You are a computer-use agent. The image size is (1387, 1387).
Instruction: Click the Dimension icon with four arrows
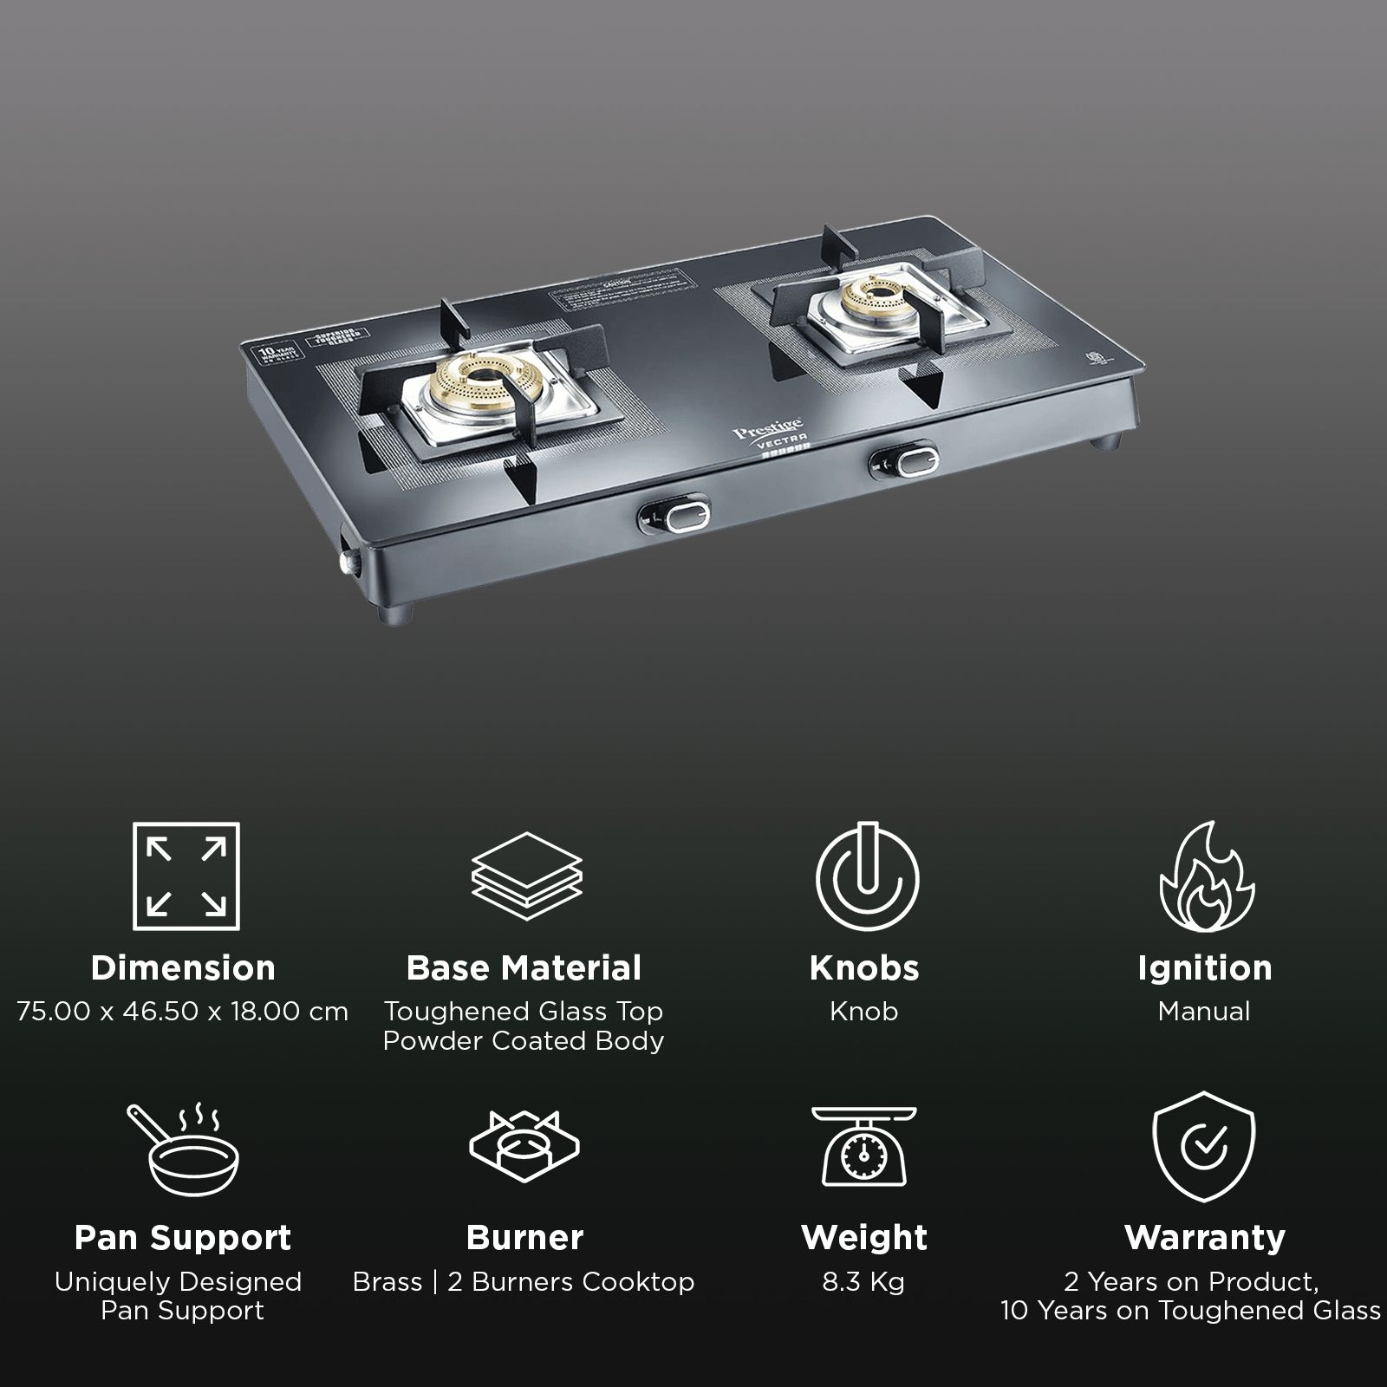pyautogui.click(x=186, y=876)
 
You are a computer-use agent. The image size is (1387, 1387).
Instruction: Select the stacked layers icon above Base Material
pyautogui.click(x=526, y=876)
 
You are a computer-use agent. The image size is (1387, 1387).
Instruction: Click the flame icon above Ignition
pyautogui.click(x=1207, y=876)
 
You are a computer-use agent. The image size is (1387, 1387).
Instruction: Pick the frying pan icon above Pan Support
pyautogui.click(x=183, y=1149)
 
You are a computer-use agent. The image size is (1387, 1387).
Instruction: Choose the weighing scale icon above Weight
pyautogui.click(x=864, y=1146)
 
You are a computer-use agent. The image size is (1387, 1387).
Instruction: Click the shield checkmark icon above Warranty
pyautogui.click(x=1203, y=1146)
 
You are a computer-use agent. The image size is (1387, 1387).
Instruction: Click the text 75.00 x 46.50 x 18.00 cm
pyautogui.click(x=183, y=1012)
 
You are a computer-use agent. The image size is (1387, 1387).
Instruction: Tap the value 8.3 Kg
pyautogui.click(x=863, y=1281)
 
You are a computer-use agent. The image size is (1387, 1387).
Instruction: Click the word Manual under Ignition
pyautogui.click(x=1204, y=1012)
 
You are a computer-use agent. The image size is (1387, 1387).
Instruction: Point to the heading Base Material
pyautogui.click(x=524, y=968)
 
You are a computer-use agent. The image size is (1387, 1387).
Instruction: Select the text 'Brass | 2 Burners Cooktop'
pyautogui.click(x=524, y=1281)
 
